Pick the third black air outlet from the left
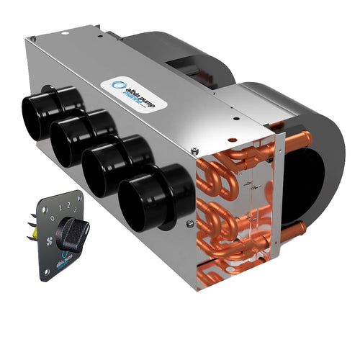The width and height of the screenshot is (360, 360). [104, 165]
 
